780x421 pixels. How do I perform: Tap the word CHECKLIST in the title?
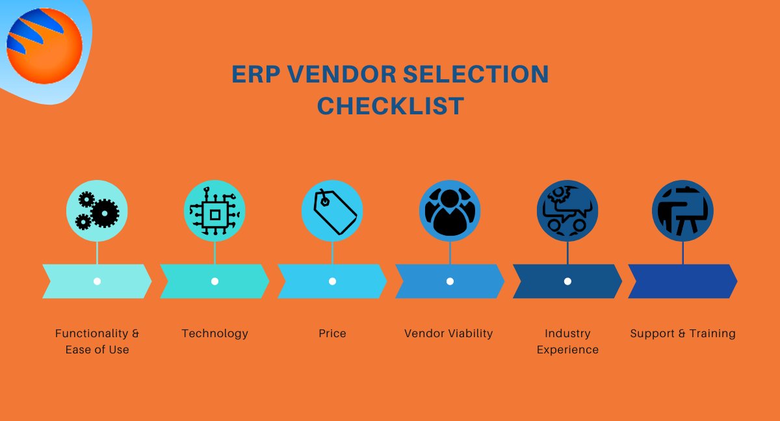coord(391,106)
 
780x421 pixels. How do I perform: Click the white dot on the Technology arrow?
coord(214,281)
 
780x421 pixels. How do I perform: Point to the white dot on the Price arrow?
coord(332,281)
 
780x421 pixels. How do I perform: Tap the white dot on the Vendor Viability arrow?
coord(450,281)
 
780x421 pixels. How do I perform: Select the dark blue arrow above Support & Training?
coord(682,281)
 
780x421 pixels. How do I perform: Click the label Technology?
coord(214,333)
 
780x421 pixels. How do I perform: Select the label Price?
coord(332,333)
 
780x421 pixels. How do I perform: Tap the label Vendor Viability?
coord(448,333)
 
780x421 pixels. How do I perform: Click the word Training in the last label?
coord(710,333)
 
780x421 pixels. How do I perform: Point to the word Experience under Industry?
coord(567,350)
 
